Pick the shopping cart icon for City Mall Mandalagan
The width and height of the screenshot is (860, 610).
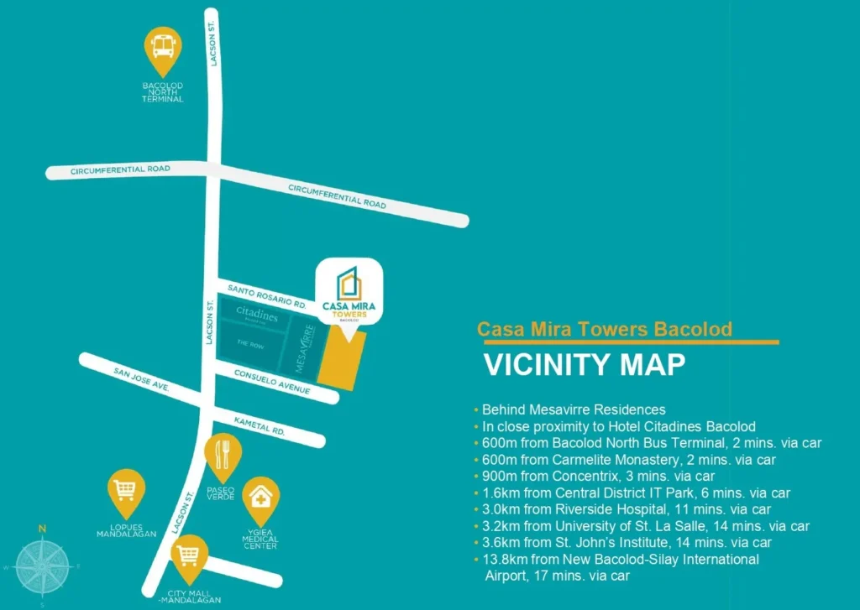pos(189,554)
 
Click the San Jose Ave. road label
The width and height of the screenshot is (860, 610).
pos(142,379)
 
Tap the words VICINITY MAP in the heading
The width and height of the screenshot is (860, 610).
pos(585,365)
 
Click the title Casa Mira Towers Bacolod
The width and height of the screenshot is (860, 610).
pos(605,329)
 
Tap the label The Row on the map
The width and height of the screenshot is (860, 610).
pos(250,343)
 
